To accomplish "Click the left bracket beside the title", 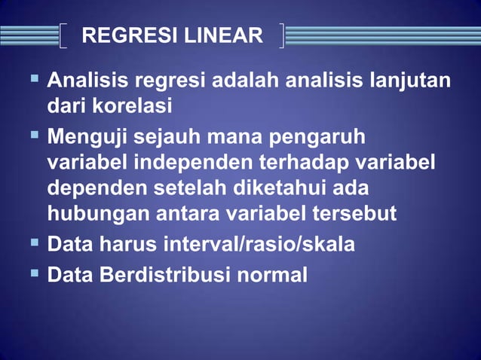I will click(63, 35).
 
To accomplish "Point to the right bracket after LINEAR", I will click(281, 35).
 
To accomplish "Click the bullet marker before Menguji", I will click(35, 136).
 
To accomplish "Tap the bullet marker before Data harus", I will click(35, 243).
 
